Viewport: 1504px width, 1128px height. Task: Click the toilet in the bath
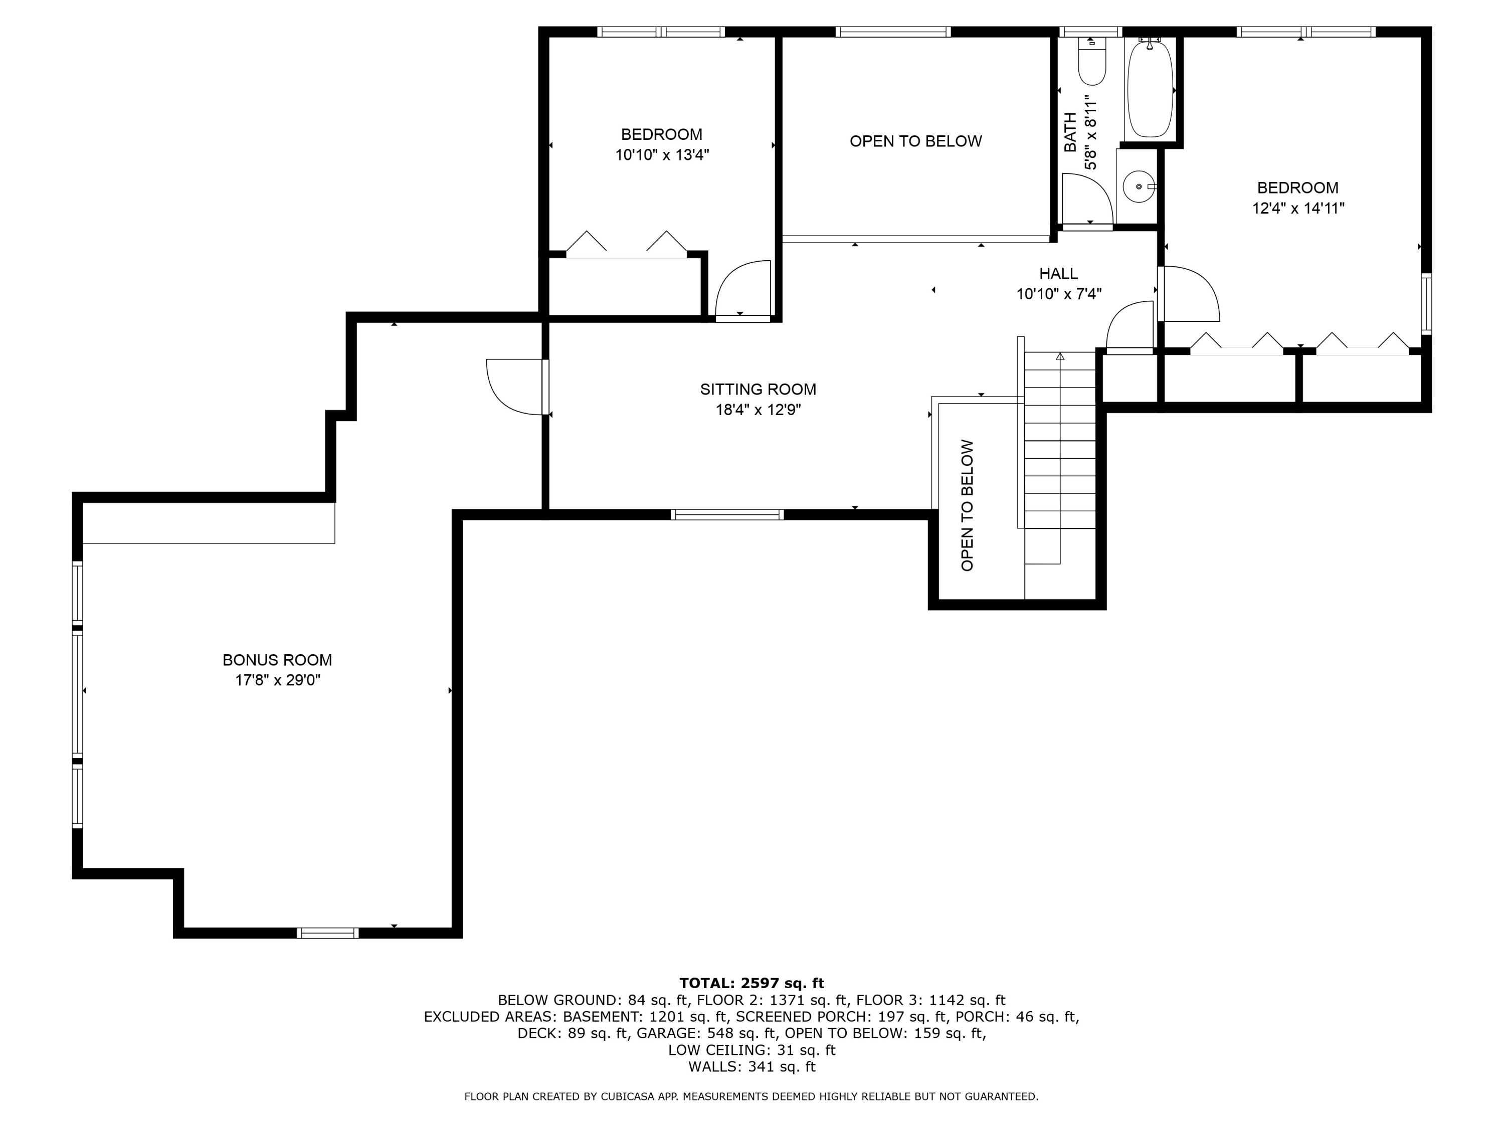(x=1092, y=63)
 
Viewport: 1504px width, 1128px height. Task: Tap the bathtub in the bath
(x=1150, y=90)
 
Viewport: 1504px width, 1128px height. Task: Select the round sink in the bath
(x=1138, y=186)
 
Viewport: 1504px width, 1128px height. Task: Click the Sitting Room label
(x=758, y=390)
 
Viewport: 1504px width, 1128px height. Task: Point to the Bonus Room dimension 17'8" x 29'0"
(x=277, y=680)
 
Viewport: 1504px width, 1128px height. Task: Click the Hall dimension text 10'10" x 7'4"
(x=1059, y=294)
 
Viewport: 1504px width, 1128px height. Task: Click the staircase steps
(x=1059, y=442)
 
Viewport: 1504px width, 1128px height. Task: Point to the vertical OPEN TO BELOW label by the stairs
(x=968, y=505)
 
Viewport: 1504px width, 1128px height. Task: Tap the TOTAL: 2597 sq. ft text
(x=751, y=983)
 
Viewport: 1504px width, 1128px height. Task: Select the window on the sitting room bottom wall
(x=727, y=515)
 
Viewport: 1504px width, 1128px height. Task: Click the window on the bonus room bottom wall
(x=327, y=933)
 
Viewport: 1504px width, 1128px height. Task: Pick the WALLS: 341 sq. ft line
(x=751, y=1067)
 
